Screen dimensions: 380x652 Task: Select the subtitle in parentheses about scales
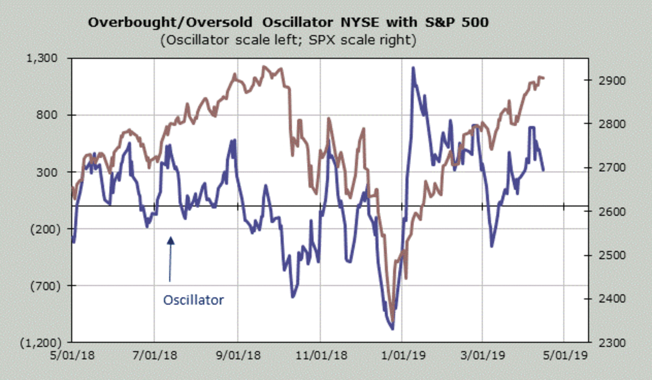click(289, 41)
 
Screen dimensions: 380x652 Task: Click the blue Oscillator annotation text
click(193, 300)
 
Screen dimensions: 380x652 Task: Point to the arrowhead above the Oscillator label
click(170, 240)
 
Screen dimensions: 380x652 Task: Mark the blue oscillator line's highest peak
click(413, 68)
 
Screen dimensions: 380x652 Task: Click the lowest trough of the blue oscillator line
click(392, 328)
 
